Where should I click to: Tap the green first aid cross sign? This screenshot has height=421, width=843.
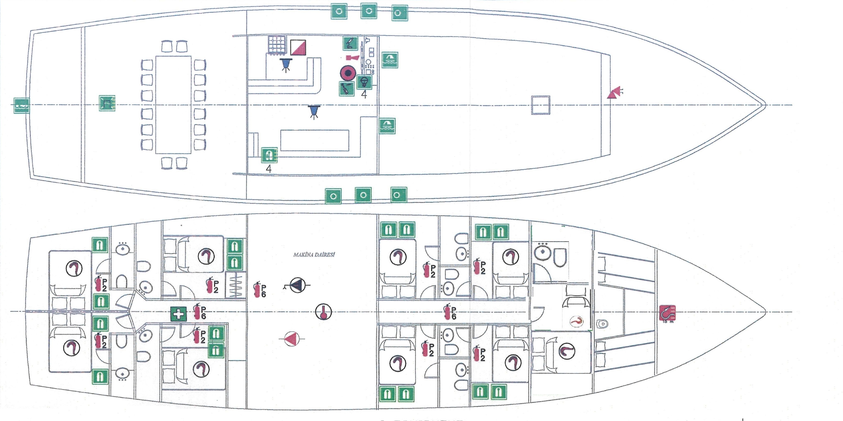tap(178, 314)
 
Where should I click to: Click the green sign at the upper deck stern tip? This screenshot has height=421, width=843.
tap(22, 105)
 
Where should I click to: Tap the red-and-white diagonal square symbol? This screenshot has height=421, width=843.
tap(298, 47)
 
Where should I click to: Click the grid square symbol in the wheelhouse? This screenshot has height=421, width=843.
tap(277, 45)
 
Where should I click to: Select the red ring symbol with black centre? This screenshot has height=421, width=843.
tap(348, 73)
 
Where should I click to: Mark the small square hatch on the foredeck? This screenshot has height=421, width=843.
tap(540, 105)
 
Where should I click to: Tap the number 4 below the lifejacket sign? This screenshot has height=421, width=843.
tap(269, 169)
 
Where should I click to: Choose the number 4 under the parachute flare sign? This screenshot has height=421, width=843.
tap(364, 94)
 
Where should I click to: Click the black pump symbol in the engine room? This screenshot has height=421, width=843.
tap(297, 286)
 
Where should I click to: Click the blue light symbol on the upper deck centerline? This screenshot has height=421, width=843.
tap(314, 111)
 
